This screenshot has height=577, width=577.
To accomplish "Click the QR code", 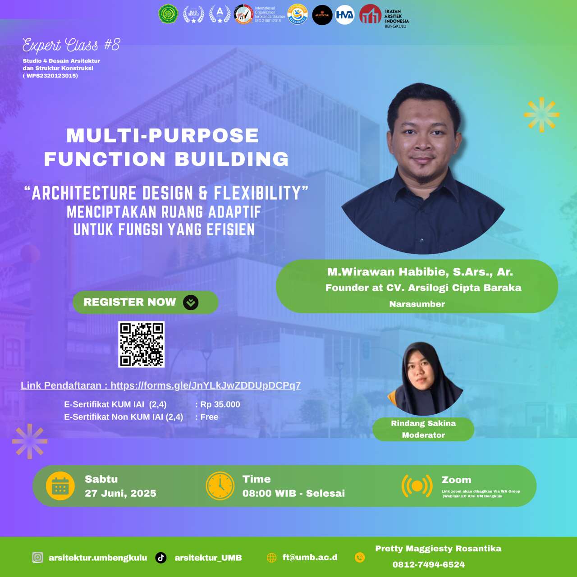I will pos(141,344).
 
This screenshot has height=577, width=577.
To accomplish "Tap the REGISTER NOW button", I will pos(145,302).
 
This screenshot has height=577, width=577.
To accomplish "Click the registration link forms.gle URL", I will pos(206,385).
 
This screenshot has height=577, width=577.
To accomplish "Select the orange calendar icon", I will pos(60,486).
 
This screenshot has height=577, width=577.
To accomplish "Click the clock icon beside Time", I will pos(220,486).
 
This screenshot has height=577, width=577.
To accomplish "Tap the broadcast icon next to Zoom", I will pos(417,486).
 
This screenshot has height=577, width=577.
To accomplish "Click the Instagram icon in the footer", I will pos(38,558).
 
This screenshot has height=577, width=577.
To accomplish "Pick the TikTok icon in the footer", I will pos(161,558).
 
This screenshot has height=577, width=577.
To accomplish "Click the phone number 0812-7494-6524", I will pos(428,564).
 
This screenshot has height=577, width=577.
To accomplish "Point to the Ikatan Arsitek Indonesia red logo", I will pos(370,14).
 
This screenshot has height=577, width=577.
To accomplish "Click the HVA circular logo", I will pos(345,15).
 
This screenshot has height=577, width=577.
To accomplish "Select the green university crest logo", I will pos(168,14).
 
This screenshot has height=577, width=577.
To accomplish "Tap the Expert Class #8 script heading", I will pos(71,45).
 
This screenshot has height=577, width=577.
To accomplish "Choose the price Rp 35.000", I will pos(220,404).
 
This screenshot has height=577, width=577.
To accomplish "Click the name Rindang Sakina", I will pos(423,423).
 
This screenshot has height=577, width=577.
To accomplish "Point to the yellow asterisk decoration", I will pos(541,114).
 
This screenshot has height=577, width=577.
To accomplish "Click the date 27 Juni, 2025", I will pos(120,493).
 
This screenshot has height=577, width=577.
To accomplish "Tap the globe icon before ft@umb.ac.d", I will pos(271,558).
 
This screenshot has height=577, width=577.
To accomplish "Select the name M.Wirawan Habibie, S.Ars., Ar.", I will pos(420,272).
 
